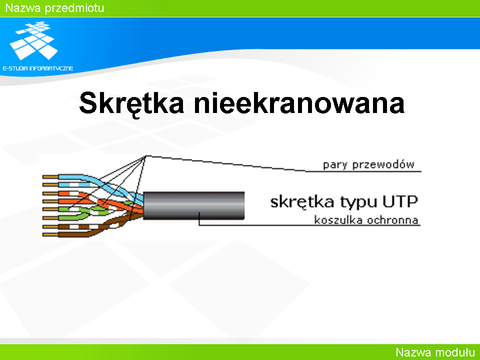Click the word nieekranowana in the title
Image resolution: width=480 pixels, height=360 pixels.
[299, 103]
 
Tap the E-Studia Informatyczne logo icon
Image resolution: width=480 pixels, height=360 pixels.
[33, 40]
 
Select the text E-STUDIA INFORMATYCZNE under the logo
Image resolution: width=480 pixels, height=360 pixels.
[38, 68]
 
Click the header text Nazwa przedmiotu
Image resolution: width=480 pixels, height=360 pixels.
[55, 8]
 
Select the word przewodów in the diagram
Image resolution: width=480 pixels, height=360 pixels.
[383, 164]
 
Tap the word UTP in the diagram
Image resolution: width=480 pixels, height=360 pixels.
[400, 201]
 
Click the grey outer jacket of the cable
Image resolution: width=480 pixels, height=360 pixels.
[194, 205]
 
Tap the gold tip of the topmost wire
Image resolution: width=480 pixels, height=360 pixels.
[50, 177]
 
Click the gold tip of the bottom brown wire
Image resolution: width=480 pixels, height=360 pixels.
[50, 235]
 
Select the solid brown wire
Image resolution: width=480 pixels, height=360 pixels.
[92, 231]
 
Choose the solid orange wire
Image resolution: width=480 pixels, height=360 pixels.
[101, 203]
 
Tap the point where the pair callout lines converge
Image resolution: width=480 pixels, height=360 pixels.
[145, 156]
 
